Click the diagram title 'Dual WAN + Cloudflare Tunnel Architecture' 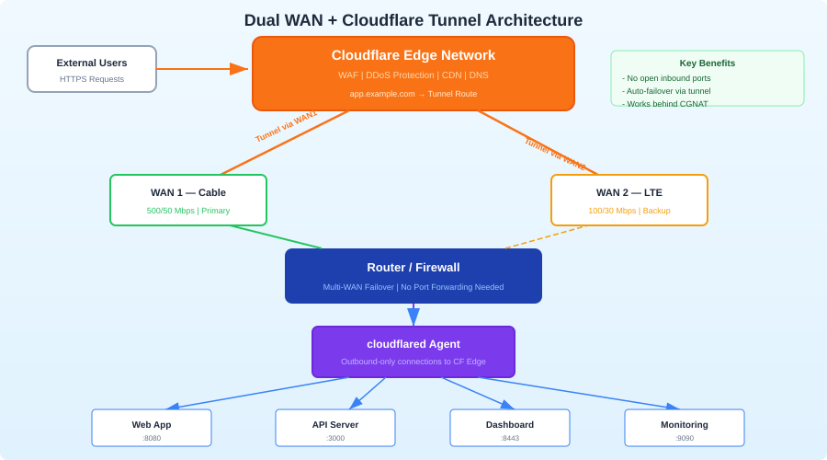(413, 20)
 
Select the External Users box (92, 69)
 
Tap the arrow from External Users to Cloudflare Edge (202, 69)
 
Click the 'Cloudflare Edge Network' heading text (413, 55)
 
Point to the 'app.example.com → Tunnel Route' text (413, 94)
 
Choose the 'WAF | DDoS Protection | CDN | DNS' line (413, 75)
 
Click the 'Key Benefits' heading (707, 63)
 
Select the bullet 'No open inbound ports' (668, 78)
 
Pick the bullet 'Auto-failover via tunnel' (668, 91)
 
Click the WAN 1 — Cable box (188, 200)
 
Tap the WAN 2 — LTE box (629, 200)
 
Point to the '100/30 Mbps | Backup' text (629, 211)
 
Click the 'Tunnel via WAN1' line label (286, 127)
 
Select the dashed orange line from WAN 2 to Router (544, 237)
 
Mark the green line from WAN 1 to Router (276, 237)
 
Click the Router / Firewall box (413, 275)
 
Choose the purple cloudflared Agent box (413, 351)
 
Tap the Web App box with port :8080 (152, 428)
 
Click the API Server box (335, 428)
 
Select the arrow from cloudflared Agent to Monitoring (579, 393)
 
